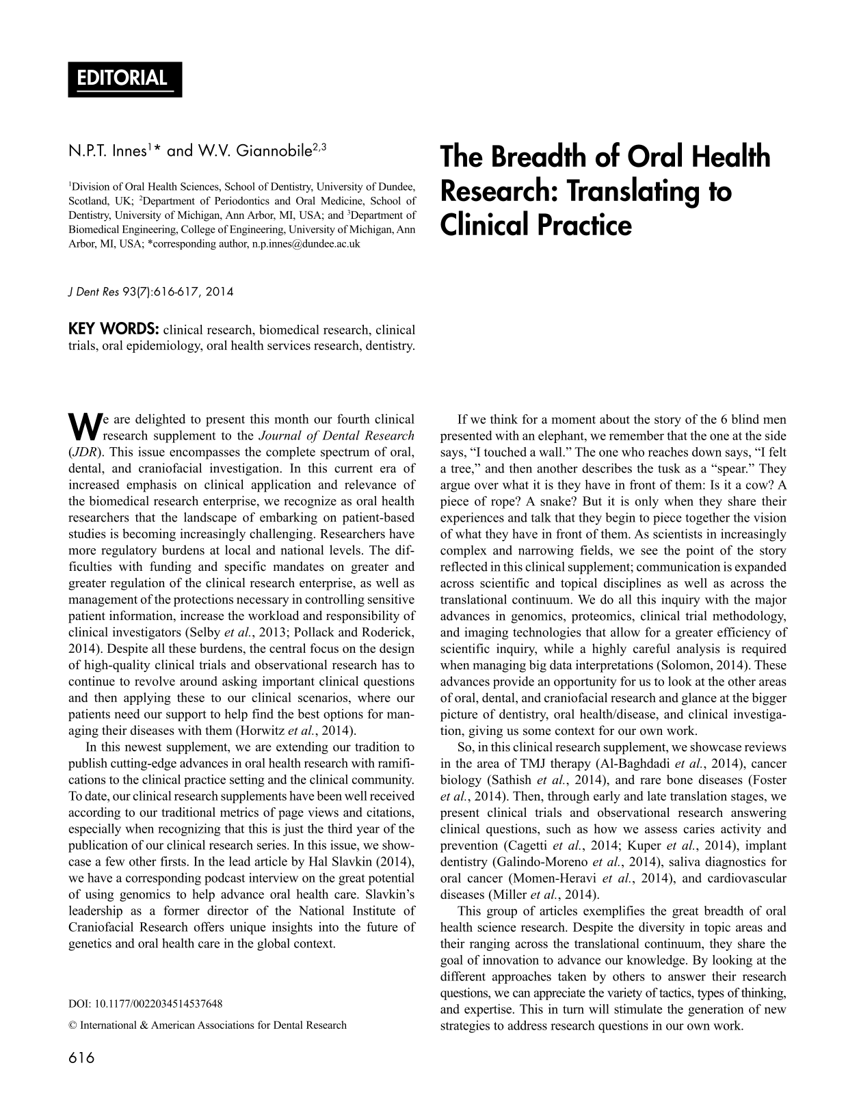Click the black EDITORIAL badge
(124, 79)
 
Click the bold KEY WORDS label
(114, 330)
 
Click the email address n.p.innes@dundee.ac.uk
(302, 243)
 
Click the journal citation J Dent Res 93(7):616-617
(150, 292)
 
